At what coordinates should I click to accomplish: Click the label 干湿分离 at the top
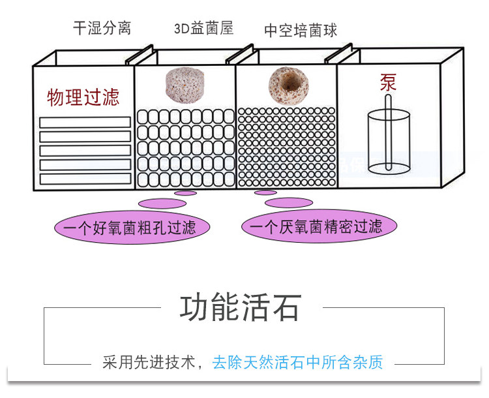click(102, 28)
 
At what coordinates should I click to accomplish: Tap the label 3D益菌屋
click(203, 28)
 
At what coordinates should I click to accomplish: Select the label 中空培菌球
click(301, 30)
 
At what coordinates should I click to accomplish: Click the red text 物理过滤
click(83, 97)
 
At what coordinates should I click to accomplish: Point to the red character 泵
click(388, 82)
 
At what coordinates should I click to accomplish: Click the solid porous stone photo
click(185, 84)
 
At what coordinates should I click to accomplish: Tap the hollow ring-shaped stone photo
click(288, 85)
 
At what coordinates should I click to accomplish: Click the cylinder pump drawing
click(389, 140)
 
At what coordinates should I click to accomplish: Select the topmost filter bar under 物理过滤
click(85, 122)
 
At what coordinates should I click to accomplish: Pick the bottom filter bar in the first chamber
click(85, 179)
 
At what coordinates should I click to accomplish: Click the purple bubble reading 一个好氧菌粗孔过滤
click(132, 227)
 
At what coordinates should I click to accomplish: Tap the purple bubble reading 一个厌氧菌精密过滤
click(319, 226)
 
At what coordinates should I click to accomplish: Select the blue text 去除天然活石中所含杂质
click(297, 362)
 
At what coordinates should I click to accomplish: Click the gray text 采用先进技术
click(149, 362)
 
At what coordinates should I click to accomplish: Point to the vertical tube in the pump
click(388, 132)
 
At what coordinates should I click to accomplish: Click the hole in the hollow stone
click(289, 82)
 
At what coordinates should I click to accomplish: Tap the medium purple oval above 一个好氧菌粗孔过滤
click(162, 204)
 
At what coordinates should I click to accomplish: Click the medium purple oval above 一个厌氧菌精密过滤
click(289, 203)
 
